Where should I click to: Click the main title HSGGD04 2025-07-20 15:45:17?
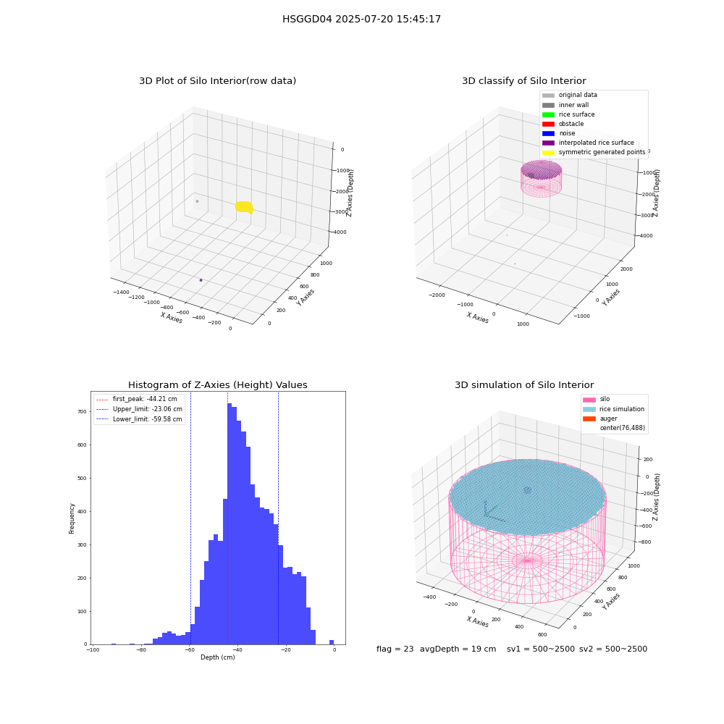click(361, 19)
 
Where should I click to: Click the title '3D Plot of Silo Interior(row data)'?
click(217, 81)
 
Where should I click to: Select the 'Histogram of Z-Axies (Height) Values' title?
click(217, 384)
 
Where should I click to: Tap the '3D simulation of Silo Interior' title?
click(524, 384)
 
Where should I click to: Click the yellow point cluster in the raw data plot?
click(244, 207)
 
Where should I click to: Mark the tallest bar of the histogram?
click(230, 523)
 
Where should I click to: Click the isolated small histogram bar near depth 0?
click(332, 641)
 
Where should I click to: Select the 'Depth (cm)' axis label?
click(217, 657)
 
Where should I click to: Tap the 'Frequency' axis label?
click(72, 518)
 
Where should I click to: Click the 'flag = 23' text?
click(395, 649)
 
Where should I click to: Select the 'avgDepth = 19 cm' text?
click(458, 649)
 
